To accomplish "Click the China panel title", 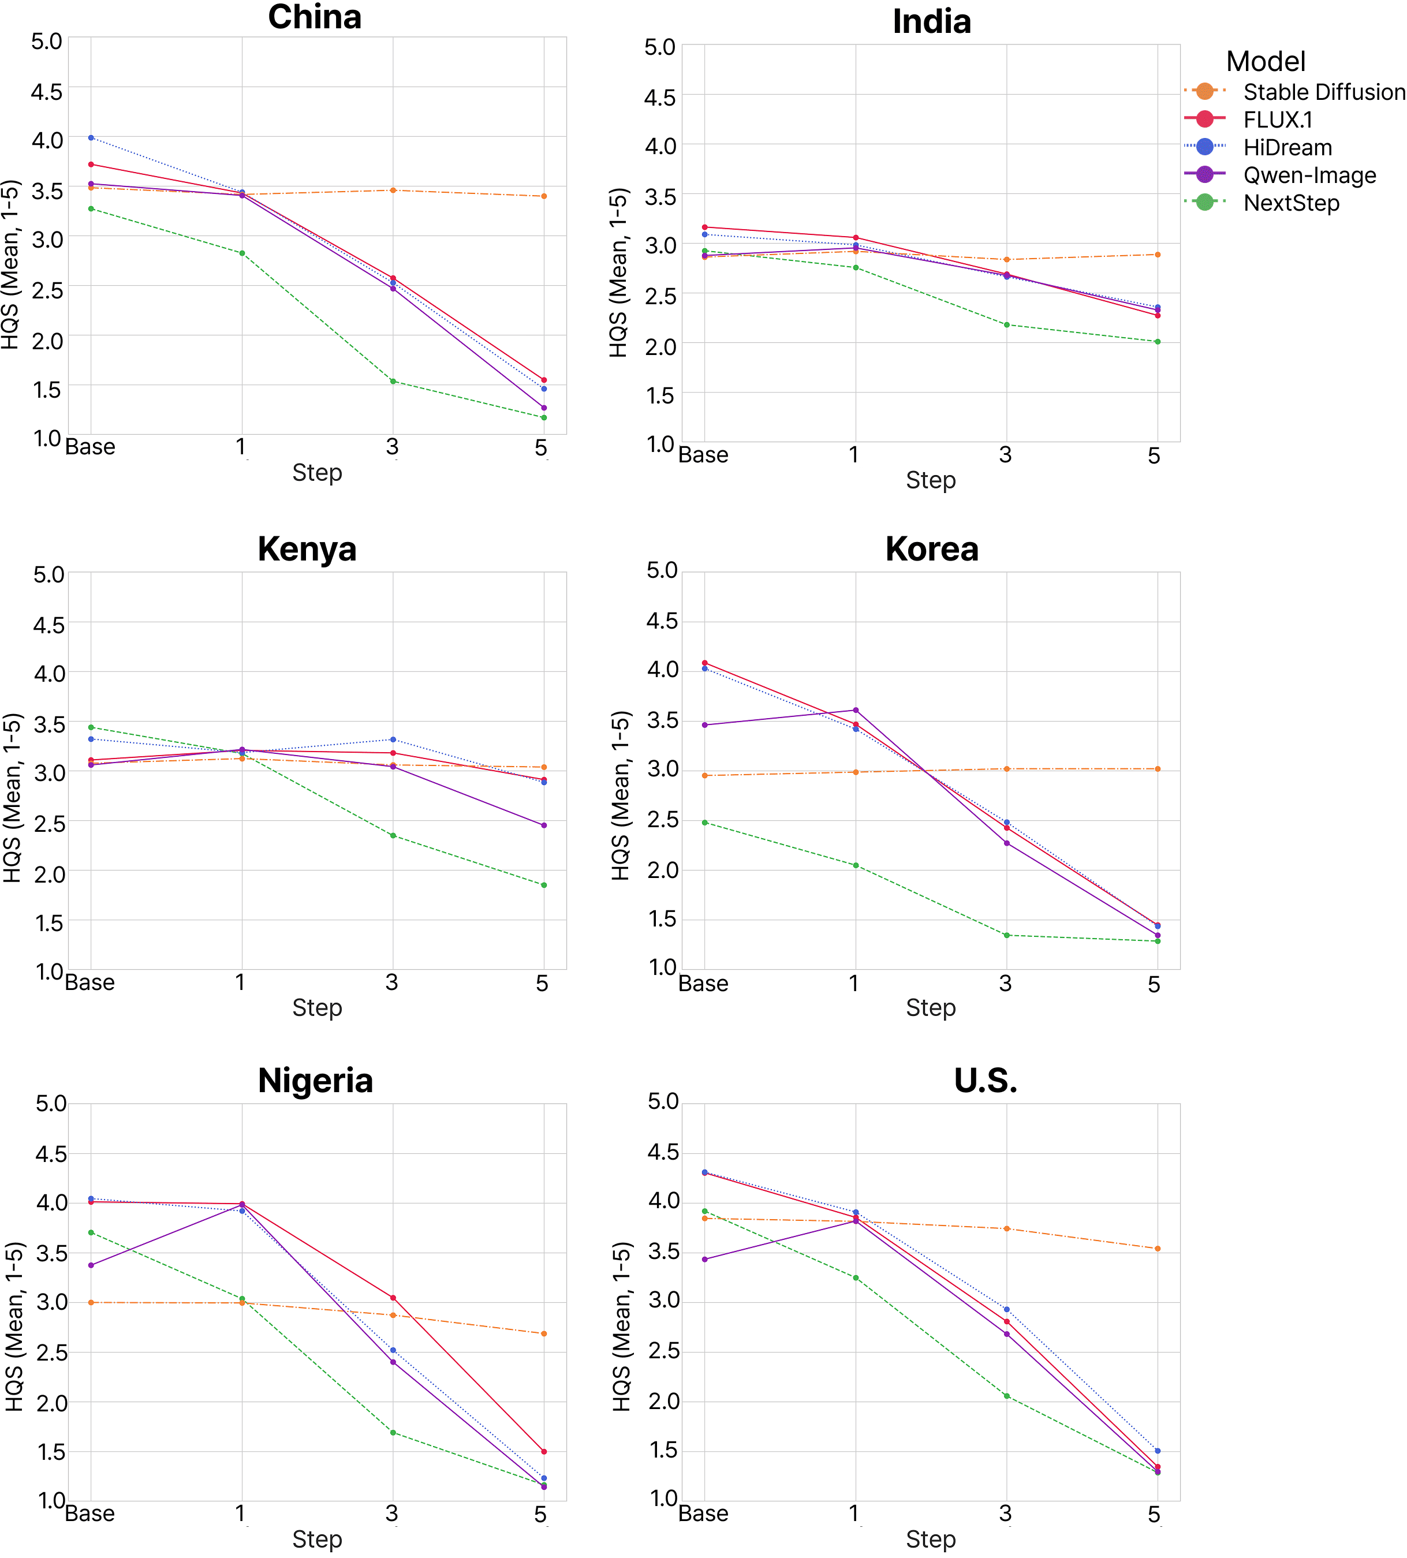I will point(315,17).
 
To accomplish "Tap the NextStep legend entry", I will point(1291,203).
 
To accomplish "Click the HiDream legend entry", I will point(1287,148).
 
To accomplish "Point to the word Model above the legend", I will point(1266,61).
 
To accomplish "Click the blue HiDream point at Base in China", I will point(91,137).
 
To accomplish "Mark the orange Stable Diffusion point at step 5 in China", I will point(544,196).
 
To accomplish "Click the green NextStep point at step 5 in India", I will point(1157,342).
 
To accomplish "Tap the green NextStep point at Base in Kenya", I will point(91,727).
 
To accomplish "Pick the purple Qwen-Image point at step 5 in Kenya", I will point(544,825).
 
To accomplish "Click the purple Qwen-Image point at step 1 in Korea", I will point(856,710).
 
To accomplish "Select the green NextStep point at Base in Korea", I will point(705,823).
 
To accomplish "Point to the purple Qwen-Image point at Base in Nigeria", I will point(91,1265).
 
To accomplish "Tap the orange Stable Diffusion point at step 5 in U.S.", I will point(1157,1249).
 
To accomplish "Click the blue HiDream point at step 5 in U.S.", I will point(1157,1451).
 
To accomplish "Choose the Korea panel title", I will point(932,549).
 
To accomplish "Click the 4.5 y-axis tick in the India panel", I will point(659,98).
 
